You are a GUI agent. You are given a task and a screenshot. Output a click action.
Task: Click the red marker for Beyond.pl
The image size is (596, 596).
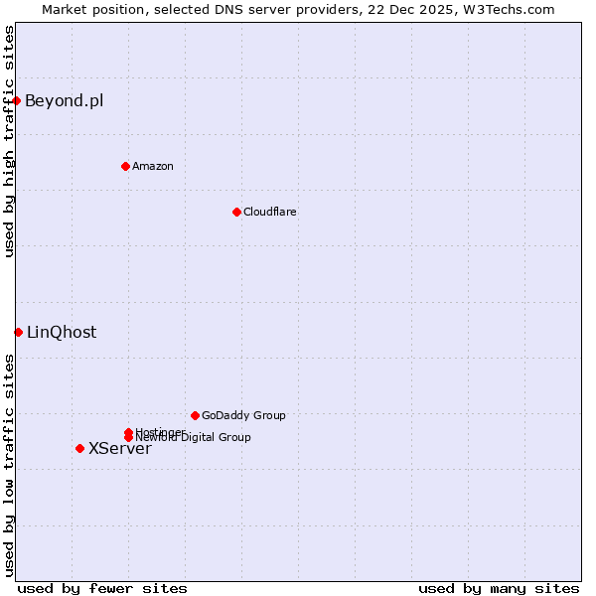17,100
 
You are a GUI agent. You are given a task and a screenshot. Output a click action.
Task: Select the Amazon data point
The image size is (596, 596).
125,166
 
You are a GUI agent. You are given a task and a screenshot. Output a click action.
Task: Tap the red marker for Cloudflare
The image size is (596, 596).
236,212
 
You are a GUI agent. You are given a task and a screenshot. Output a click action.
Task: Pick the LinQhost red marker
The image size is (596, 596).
18,332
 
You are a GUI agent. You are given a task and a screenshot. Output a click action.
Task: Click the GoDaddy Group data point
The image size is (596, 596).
195,415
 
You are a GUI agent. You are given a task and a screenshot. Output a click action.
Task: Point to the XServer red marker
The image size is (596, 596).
79,448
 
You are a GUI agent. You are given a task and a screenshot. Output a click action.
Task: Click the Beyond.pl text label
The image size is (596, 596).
64,100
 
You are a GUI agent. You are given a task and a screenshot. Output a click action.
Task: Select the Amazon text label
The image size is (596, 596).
152,166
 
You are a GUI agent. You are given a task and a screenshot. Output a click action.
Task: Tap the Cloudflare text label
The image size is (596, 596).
269,212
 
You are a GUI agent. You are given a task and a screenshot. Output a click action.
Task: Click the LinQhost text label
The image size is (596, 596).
62,332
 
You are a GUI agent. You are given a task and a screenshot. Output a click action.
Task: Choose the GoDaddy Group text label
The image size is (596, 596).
243,415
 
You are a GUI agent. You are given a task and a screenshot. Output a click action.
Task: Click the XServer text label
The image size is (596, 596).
119,448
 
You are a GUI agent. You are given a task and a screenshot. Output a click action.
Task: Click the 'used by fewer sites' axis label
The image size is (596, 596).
102,588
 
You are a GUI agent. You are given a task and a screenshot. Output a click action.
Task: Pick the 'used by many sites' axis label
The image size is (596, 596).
499,588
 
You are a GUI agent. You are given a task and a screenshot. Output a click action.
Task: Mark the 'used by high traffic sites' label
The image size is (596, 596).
9,141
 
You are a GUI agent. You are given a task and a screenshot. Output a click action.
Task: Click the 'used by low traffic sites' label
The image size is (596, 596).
9,465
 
